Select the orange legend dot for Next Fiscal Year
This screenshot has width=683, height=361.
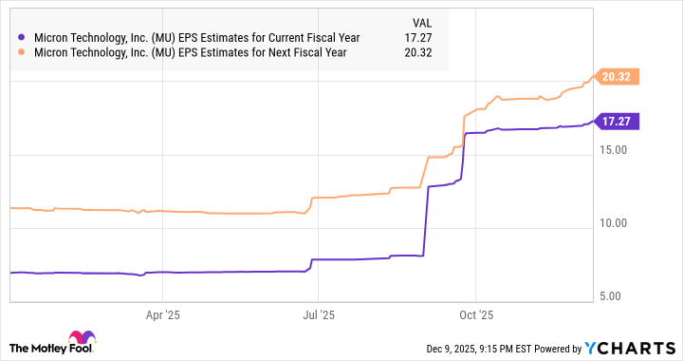pyautogui.click(x=22, y=52)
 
